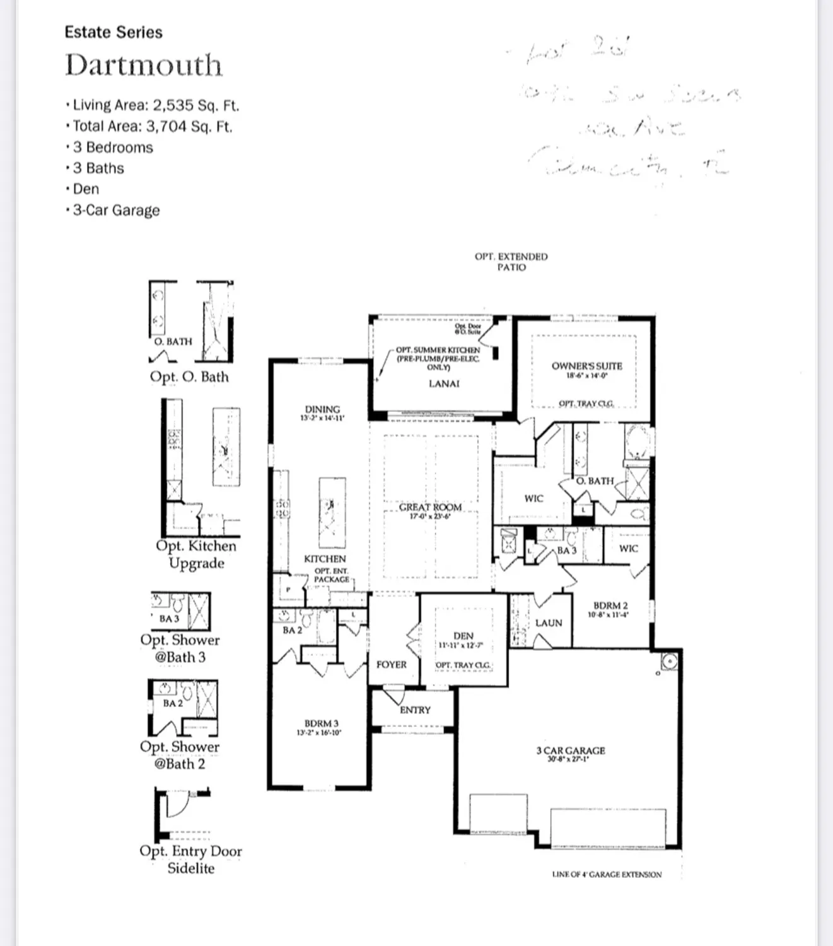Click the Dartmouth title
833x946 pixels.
(x=144, y=66)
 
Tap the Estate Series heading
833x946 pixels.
(x=114, y=32)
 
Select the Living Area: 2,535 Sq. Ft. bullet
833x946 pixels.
(x=155, y=105)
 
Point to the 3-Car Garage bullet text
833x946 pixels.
(x=116, y=210)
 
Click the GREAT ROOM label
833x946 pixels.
(x=430, y=507)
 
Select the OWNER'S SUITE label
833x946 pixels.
(x=586, y=366)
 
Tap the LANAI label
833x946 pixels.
(x=444, y=383)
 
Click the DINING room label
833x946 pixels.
(x=322, y=409)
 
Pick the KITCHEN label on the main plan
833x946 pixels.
(x=325, y=559)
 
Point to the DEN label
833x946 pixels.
(x=463, y=636)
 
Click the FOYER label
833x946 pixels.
(x=391, y=665)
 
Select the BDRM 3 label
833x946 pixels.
(x=322, y=723)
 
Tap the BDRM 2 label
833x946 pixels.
(x=610, y=605)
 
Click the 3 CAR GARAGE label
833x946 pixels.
(x=570, y=750)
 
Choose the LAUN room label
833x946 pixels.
(x=548, y=623)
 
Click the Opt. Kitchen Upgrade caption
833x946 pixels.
(x=196, y=554)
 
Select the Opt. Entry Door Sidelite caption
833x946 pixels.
(x=190, y=859)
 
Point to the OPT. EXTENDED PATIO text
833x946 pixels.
(x=511, y=262)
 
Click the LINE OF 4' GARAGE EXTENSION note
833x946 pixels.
(x=607, y=874)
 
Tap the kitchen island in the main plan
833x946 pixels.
(x=332, y=513)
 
